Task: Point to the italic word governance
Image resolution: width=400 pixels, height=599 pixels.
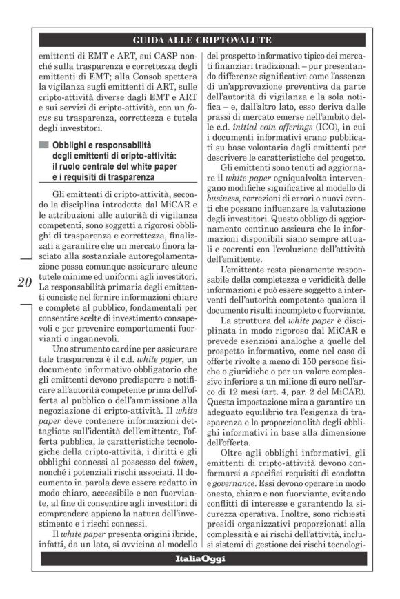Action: tap(233, 485)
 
